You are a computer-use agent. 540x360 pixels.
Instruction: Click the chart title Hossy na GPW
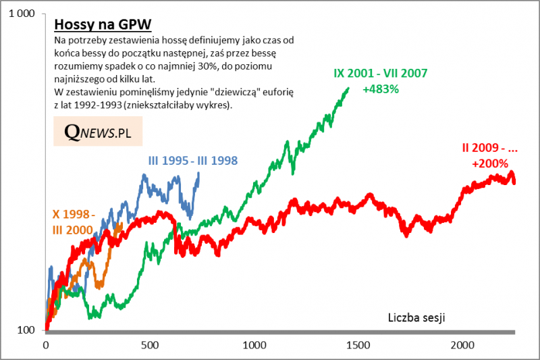coord(102,24)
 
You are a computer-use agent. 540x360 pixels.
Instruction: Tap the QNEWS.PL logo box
coord(98,132)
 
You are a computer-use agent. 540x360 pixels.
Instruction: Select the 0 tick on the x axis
coord(45,344)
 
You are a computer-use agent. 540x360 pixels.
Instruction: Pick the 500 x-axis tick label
coord(149,344)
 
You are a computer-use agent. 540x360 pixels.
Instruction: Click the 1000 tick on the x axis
coord(253,344)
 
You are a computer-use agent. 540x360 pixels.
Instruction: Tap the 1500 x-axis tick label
coord(358,344)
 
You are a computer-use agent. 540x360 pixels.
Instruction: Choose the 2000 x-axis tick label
coord(462,344)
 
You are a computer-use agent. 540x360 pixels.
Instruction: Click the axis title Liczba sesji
coord(417,317)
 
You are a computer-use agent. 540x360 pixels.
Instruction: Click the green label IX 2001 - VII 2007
coord(380,74)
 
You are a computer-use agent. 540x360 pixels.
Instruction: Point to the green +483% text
coord(379,88)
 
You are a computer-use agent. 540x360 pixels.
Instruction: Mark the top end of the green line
coord(348,88)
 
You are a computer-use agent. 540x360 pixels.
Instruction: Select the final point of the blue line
coord(198,174)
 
